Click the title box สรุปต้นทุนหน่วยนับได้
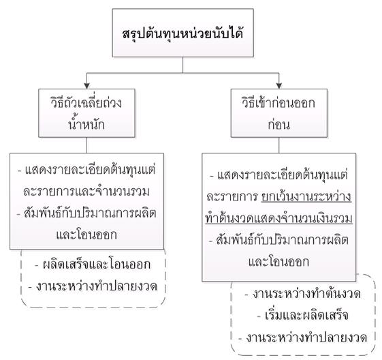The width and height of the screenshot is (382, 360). (182, 33)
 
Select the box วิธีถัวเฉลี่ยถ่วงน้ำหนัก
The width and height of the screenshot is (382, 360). (86, 113)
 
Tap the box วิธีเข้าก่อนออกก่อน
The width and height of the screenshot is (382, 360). (279, 113)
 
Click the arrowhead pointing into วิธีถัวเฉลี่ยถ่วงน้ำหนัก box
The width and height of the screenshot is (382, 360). (86, 86)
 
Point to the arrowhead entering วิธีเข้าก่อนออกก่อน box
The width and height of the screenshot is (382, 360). (279, 86)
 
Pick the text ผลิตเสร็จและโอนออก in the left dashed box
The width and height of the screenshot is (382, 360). (97, 265)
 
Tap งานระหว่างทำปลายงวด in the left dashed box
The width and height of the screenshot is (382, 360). (97, 286)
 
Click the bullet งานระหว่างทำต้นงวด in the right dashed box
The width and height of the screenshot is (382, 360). (306, 294)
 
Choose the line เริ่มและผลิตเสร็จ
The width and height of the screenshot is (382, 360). (306, 316)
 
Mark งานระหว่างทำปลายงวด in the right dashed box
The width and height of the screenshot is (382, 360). (306, 337)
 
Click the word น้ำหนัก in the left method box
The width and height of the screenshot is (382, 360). (86, 124)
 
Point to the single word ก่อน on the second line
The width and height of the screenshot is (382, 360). (279, 124)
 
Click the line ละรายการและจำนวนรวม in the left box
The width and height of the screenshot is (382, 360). (86, 192)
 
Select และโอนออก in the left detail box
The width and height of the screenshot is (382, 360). (86, 235)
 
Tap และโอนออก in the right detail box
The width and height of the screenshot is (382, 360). (278, 262)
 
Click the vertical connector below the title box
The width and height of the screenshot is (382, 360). (182, 65)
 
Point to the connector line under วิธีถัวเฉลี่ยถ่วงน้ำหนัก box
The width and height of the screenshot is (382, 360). (86, 145)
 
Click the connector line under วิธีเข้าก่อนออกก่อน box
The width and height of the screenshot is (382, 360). (279, 145)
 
